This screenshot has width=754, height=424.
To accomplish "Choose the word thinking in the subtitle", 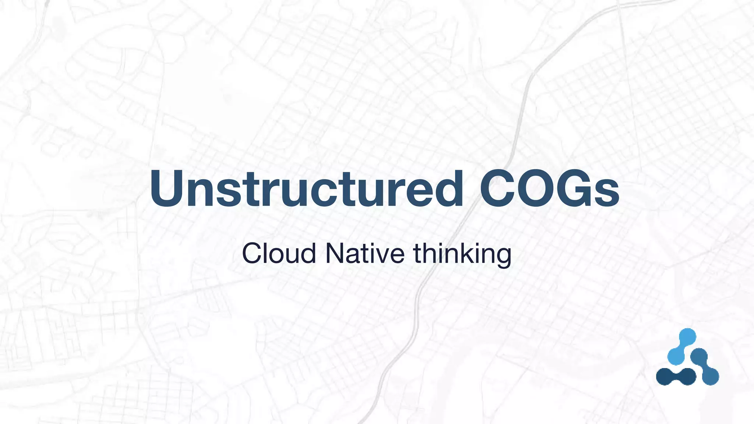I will pos(462,254).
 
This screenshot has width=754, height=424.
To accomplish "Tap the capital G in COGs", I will pos(574,189).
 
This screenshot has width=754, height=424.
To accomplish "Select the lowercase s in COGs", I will pos(607,194).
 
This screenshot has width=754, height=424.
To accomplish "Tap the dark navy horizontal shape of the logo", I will pos(676,376).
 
